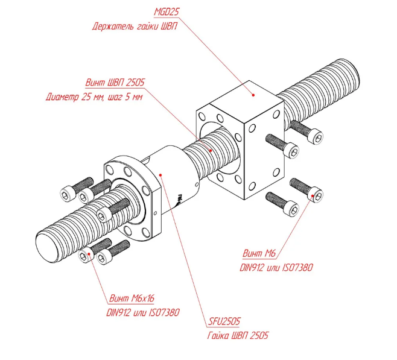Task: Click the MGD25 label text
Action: pyautogui.click(x=167, y=12)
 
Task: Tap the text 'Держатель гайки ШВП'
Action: pyautogui.click(x=135, y=27)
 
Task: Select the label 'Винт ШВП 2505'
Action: pyautogui.click(x=115, y=83)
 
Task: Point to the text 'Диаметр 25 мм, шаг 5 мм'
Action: pyautogui.click(x=94, y=97)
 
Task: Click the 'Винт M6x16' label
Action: pyautogui.click(x=132, y=298)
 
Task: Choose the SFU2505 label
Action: pyautogui.click(x=224, y=321)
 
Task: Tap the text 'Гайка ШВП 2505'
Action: pyautogui.click(x=238, y=336)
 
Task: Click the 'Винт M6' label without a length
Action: pyautogui.click(x=259, y=253)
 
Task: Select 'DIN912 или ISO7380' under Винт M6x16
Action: pyautogui.click(x=143, y=313)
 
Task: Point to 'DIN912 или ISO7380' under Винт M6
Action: pyautogui.click(x=276, y=268)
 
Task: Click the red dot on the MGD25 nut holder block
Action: pyautogui.click(x=253, y=95)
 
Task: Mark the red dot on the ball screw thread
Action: pyautogui.click(x=211, y=150)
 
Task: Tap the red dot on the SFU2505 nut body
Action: pyautogui.click(x=160, y=174)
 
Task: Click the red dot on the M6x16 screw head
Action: pyautogui.click(x=89, y=254)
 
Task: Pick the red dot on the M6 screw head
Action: pyautogui.click(x=313, y=195)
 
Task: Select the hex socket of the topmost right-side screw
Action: pyautogui.click(x=318, y=138)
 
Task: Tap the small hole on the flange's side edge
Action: pyautogui.click(x=156, y=213)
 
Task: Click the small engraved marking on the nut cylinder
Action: pyautogui.click(x=179, y=200)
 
